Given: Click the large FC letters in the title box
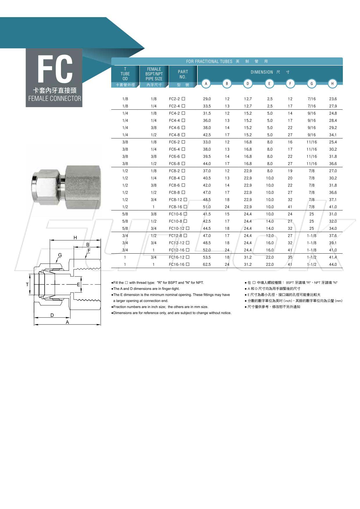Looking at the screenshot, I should coord(55,69).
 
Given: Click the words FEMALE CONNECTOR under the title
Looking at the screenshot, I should coord(55,99).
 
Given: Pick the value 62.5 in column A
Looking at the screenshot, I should coord(207,264).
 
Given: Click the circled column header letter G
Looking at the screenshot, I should coord(312,84).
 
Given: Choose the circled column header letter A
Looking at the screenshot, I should coord(206,84).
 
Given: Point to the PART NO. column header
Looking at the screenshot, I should coord(183,74).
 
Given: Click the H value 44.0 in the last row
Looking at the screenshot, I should coord(333,264).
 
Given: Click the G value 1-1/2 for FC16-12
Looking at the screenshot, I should coord(312,257).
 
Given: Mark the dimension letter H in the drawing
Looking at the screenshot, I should coord(75,238).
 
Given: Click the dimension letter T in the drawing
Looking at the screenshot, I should coord(27,284).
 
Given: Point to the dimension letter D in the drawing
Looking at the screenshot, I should coord(52,315).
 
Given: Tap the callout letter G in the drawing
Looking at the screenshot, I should coord(60,255).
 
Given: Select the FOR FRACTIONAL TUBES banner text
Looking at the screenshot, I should coord(209,62).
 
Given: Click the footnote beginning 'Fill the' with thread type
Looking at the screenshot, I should coord(158,283).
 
